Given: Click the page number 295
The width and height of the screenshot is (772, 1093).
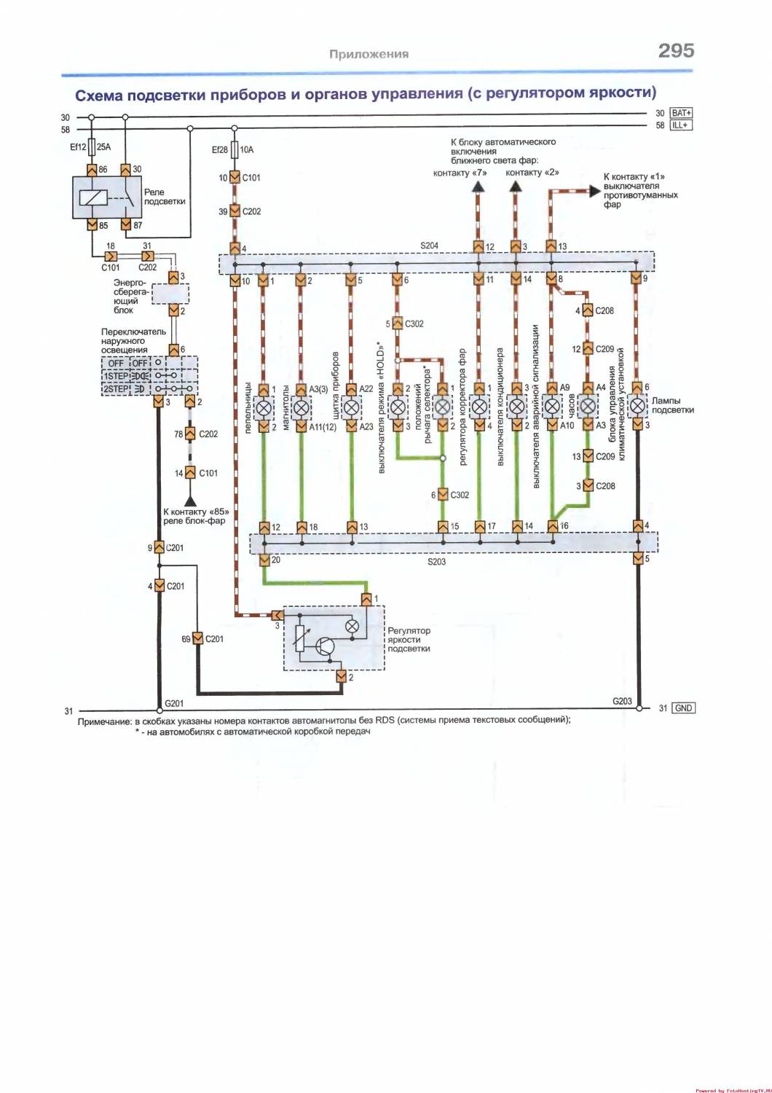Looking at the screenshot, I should tap(676, 50).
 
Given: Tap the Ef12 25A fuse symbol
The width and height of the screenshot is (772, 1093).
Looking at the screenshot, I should tap(92, 147).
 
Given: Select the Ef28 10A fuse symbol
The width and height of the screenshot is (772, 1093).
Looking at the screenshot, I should tap(235, 149).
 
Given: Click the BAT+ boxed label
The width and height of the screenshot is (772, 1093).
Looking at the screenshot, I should tap(682, 113).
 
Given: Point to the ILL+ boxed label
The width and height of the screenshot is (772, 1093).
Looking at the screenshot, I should tap(682, 125).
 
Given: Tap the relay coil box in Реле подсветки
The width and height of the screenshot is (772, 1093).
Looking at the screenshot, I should tap(93, 197).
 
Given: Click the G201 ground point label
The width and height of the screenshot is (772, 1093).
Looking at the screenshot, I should tap(174, 703).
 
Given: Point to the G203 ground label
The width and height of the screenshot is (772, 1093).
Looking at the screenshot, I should tap(622, 701).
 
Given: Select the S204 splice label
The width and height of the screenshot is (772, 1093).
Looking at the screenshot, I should tap(430, 246).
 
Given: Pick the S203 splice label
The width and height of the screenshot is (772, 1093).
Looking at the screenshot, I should tap(437, 562).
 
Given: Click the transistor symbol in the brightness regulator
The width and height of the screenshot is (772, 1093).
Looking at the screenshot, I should tap(326, 645).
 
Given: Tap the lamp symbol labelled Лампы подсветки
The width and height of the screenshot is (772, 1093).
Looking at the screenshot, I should tap(637, 406).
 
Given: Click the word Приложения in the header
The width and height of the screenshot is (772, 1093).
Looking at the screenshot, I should tap(369, 54).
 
